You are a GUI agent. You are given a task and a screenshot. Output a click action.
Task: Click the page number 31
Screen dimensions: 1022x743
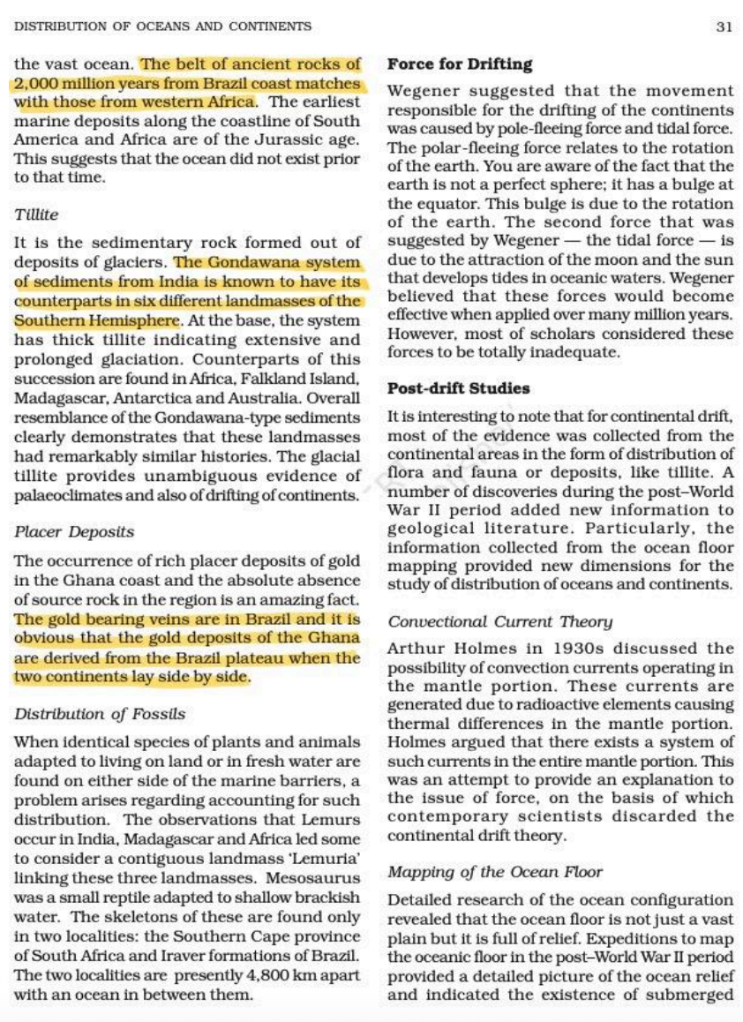click(724, 26)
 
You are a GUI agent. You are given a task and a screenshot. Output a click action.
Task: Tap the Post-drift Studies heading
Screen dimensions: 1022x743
click(459, 387)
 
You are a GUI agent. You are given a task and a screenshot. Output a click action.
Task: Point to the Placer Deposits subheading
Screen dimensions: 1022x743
click(75, 532)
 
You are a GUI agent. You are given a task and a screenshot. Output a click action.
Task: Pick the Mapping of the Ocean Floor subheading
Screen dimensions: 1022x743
click(495, 872)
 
